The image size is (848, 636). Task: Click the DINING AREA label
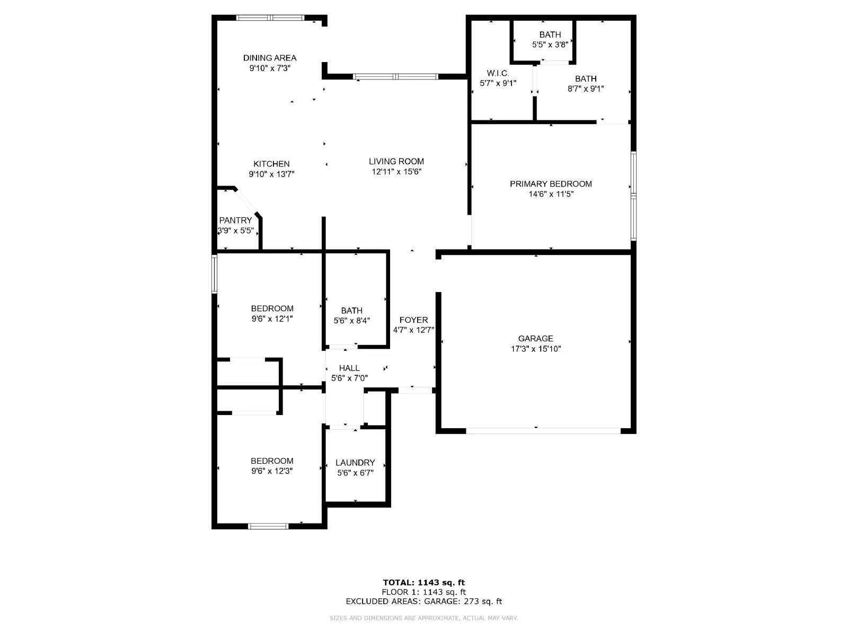coord(270,58)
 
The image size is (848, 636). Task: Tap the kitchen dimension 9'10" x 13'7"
coord(271,174)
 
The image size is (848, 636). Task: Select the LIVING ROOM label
coord(396,161)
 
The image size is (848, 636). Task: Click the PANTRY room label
coord(235,220)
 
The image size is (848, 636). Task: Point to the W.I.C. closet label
coord(498,73)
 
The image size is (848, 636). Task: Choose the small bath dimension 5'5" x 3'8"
coord(550,45)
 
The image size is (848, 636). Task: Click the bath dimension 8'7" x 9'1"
coord(586,89)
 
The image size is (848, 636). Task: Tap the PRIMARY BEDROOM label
coord(551,184)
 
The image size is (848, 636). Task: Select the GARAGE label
coord(535,338)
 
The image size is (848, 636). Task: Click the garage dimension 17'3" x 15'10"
coord(535,349)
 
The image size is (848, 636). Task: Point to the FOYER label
coord(413,320)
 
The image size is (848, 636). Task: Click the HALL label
coord(349,368)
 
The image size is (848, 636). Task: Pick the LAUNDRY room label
coord(355,463)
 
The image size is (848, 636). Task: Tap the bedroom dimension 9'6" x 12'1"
coord(272,319)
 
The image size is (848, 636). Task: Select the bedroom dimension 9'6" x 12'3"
coord(272,471)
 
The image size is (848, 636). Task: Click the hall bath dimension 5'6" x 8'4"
coord(351,321)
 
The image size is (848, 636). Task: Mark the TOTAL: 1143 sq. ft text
coord(423,582)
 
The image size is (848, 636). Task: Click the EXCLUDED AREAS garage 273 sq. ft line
coord(423,601)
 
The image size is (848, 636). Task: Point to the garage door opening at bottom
coord(543,431)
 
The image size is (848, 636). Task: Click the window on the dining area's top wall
coord(270,18)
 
